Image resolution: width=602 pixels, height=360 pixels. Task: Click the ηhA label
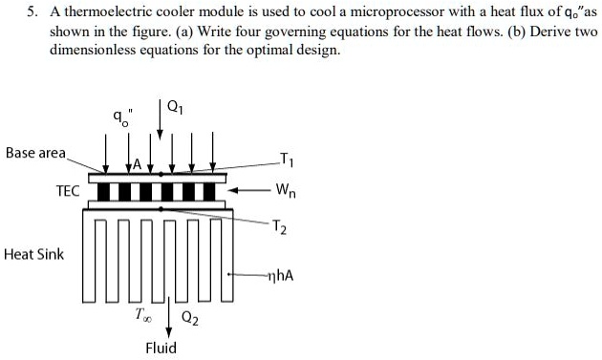279,277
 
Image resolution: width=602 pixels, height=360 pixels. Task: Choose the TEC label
67,190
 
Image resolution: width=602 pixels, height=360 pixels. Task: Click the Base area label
36,153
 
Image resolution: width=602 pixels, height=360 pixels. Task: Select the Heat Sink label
34,254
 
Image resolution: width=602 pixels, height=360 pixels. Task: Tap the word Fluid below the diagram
161,348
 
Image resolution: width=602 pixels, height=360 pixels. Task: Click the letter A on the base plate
137,163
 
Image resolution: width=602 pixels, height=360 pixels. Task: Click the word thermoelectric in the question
111,11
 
